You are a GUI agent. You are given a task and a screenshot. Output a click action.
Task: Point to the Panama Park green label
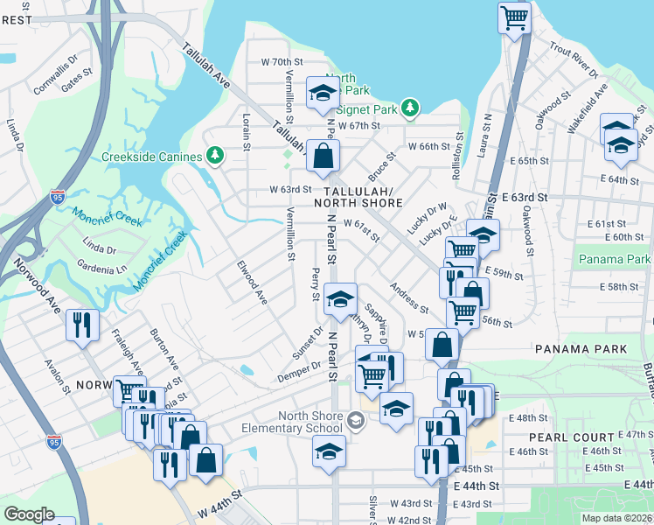click(614, 259)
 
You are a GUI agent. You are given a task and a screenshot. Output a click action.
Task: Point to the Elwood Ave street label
click(252, 281)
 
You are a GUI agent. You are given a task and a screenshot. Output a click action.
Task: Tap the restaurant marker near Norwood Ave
click(83, 325)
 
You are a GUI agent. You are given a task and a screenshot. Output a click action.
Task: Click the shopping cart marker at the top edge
click(514, 17)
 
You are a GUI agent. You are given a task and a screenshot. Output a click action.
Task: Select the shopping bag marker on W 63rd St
click(323, 157)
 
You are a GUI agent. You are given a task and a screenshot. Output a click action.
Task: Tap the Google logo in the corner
click(30, 514)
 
